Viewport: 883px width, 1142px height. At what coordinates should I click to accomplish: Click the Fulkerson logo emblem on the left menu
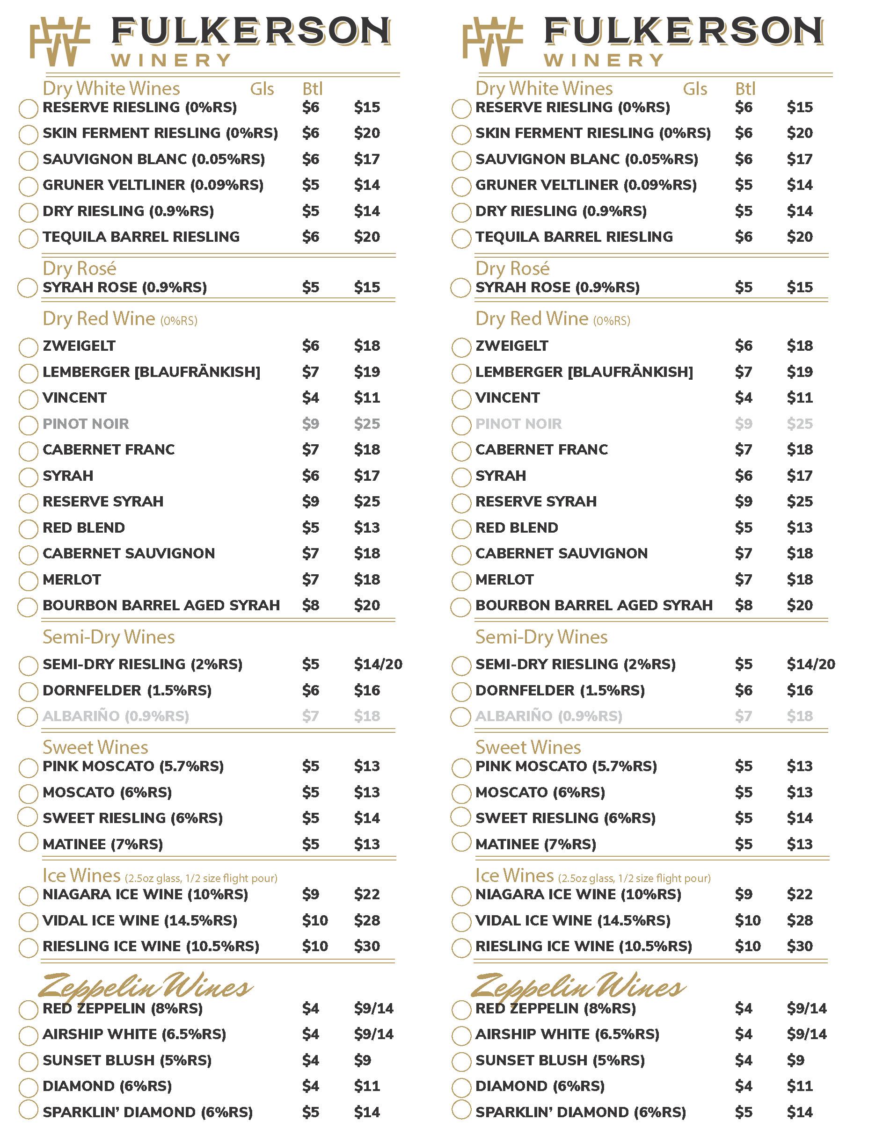coord(59,42)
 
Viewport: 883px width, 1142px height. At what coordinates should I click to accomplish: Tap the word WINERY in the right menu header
coord(604,61)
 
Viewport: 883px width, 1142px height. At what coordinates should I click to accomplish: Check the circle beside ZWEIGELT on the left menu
coord(28,347)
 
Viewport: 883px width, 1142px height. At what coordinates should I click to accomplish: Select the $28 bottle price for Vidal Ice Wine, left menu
coord(367,920)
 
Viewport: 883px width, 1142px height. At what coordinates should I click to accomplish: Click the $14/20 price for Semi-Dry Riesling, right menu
coord(811,664)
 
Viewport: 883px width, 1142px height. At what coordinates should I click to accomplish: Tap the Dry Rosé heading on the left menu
coord(80,268)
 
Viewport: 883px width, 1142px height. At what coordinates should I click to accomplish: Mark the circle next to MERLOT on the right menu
coord(461,581)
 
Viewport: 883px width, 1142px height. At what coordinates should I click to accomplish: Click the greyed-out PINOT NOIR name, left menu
coord(86,424)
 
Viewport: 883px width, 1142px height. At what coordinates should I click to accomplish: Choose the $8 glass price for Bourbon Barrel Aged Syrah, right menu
coord(744,605)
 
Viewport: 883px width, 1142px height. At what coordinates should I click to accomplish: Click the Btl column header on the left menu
coord(312,89)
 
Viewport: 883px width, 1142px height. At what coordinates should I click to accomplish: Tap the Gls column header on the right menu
coord(695,89)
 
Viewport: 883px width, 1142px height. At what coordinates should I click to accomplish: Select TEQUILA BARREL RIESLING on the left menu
coord(141,237)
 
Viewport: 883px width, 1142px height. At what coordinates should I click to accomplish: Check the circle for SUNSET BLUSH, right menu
coord(461,1062)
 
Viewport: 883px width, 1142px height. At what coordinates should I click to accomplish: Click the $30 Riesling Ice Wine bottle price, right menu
coord(800,946)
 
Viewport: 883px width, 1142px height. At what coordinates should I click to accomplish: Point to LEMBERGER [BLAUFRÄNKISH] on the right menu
coord(584,372)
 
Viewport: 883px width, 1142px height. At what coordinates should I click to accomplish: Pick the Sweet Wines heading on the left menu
coord(95,747)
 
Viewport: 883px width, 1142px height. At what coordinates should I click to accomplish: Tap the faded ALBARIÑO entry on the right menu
coord(549,716)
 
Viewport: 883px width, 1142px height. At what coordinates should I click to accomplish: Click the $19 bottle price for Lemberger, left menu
coord(367,372)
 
